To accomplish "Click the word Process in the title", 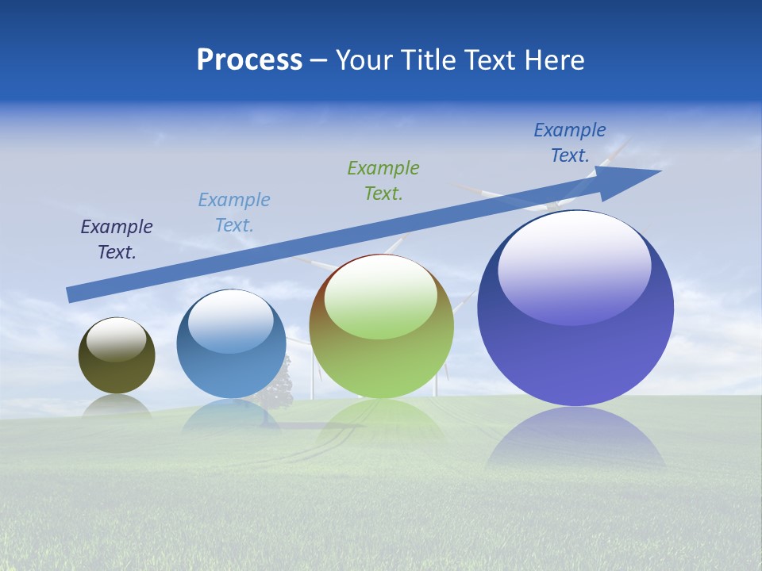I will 249,60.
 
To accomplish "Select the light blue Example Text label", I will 234,213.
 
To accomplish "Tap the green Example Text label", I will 383,181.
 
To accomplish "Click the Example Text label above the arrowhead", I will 570,143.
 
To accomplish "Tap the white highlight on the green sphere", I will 381,295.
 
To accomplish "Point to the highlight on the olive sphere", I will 117,339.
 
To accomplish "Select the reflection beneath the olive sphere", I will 117,405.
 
